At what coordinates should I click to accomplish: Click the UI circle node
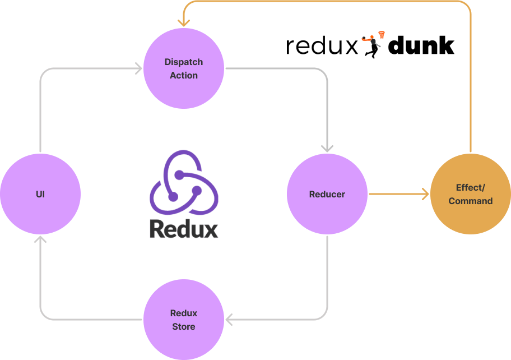(40, 194)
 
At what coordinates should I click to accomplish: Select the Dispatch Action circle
(184, 68)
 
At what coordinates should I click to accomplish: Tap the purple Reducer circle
(327, 194)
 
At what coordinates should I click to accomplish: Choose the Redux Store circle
(184, 320)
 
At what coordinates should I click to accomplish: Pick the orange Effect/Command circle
(471, 194)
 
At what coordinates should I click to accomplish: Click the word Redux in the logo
(184, 228)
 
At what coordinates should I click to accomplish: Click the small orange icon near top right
(374, 39)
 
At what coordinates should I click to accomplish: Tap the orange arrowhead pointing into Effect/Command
(425, 194)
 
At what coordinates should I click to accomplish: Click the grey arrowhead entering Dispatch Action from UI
(138, 68)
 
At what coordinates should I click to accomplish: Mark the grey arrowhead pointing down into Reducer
(327, 149)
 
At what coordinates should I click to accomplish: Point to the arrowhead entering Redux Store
(230, 320)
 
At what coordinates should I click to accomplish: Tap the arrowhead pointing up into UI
(40, 240)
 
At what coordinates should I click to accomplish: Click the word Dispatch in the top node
(184, 62)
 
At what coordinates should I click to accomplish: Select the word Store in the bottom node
(184, 326)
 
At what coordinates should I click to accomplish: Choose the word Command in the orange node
(471, 201)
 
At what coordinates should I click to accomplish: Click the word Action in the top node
(184, 75)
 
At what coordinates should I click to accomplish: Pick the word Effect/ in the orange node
(471, 187)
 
